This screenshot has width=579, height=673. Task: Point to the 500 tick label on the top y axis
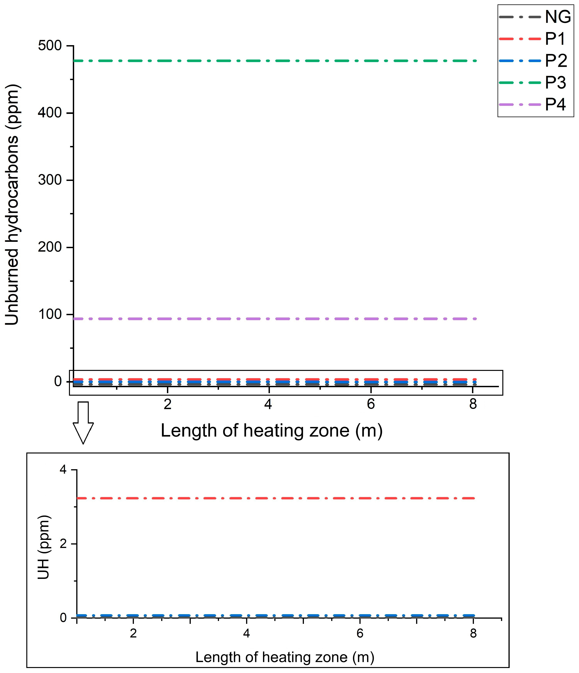[50, 46]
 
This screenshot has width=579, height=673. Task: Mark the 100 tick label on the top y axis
[50, 314]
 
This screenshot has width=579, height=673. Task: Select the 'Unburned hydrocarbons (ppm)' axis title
[12, 205]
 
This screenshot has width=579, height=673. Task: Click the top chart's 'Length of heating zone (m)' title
[272, 431]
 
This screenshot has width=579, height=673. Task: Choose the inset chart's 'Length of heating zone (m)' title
[285, 657]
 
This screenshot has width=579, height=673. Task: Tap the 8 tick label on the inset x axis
[473, 633]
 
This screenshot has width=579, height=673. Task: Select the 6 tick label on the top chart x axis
[371, 404]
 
